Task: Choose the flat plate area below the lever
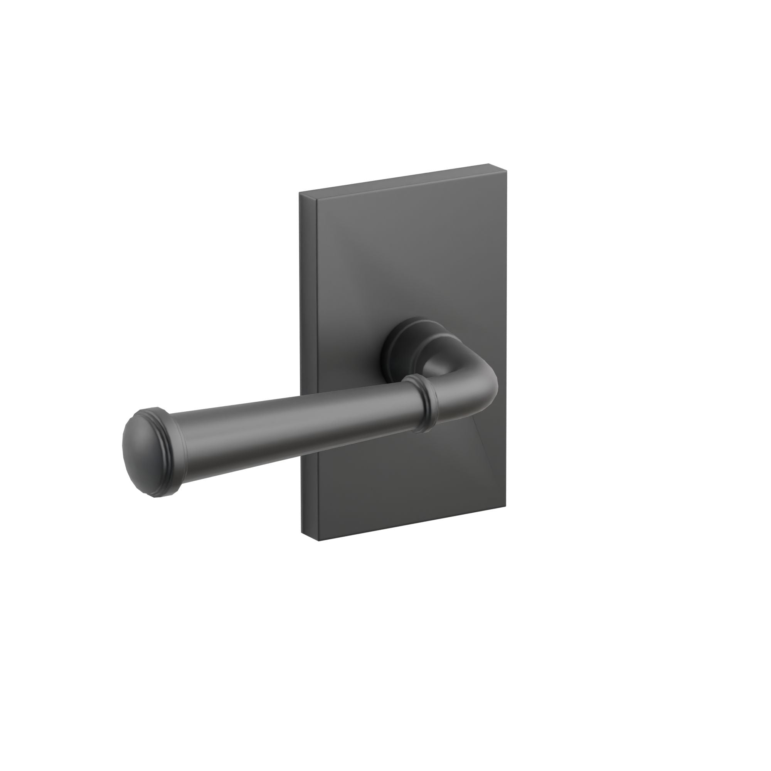[x=399, y=487]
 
